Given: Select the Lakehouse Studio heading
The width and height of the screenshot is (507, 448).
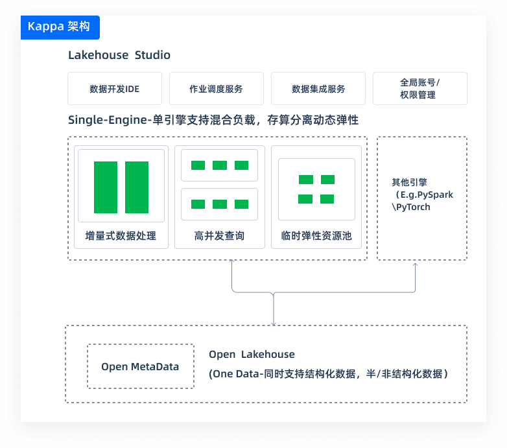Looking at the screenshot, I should [119, 55].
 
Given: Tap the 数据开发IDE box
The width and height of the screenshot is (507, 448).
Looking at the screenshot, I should [115, 89].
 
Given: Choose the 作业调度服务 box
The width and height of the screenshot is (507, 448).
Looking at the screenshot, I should [216, 89].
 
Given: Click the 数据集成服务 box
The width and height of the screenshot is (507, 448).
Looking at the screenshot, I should [318, 89].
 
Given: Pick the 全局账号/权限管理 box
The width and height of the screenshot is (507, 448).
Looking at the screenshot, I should [419, 89].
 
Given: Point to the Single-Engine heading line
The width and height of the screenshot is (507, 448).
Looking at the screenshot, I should [213, 120].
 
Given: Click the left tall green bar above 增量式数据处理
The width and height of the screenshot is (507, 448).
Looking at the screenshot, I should [106, 187].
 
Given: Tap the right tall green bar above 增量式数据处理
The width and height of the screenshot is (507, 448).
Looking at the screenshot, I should [137, 187].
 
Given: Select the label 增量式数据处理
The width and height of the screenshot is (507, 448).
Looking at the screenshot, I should [121, 235].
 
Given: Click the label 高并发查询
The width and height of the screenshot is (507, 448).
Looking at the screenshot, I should [219, 235].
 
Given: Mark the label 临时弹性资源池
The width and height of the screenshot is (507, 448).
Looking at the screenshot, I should [316, 235].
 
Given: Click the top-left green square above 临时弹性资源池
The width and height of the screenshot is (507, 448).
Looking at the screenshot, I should [305, 180].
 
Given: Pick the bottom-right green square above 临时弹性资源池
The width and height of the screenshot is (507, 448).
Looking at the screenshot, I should [327, 199].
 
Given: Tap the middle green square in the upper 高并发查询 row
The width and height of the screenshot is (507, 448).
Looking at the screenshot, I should [220, 165].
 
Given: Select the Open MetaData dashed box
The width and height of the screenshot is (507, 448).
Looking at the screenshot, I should [140, 366].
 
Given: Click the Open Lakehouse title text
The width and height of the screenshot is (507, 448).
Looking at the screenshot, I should [252, 355].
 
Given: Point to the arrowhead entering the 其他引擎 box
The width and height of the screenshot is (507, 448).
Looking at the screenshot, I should [416, 264].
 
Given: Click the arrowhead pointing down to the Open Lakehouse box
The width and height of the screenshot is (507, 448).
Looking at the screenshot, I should [274, 323].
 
